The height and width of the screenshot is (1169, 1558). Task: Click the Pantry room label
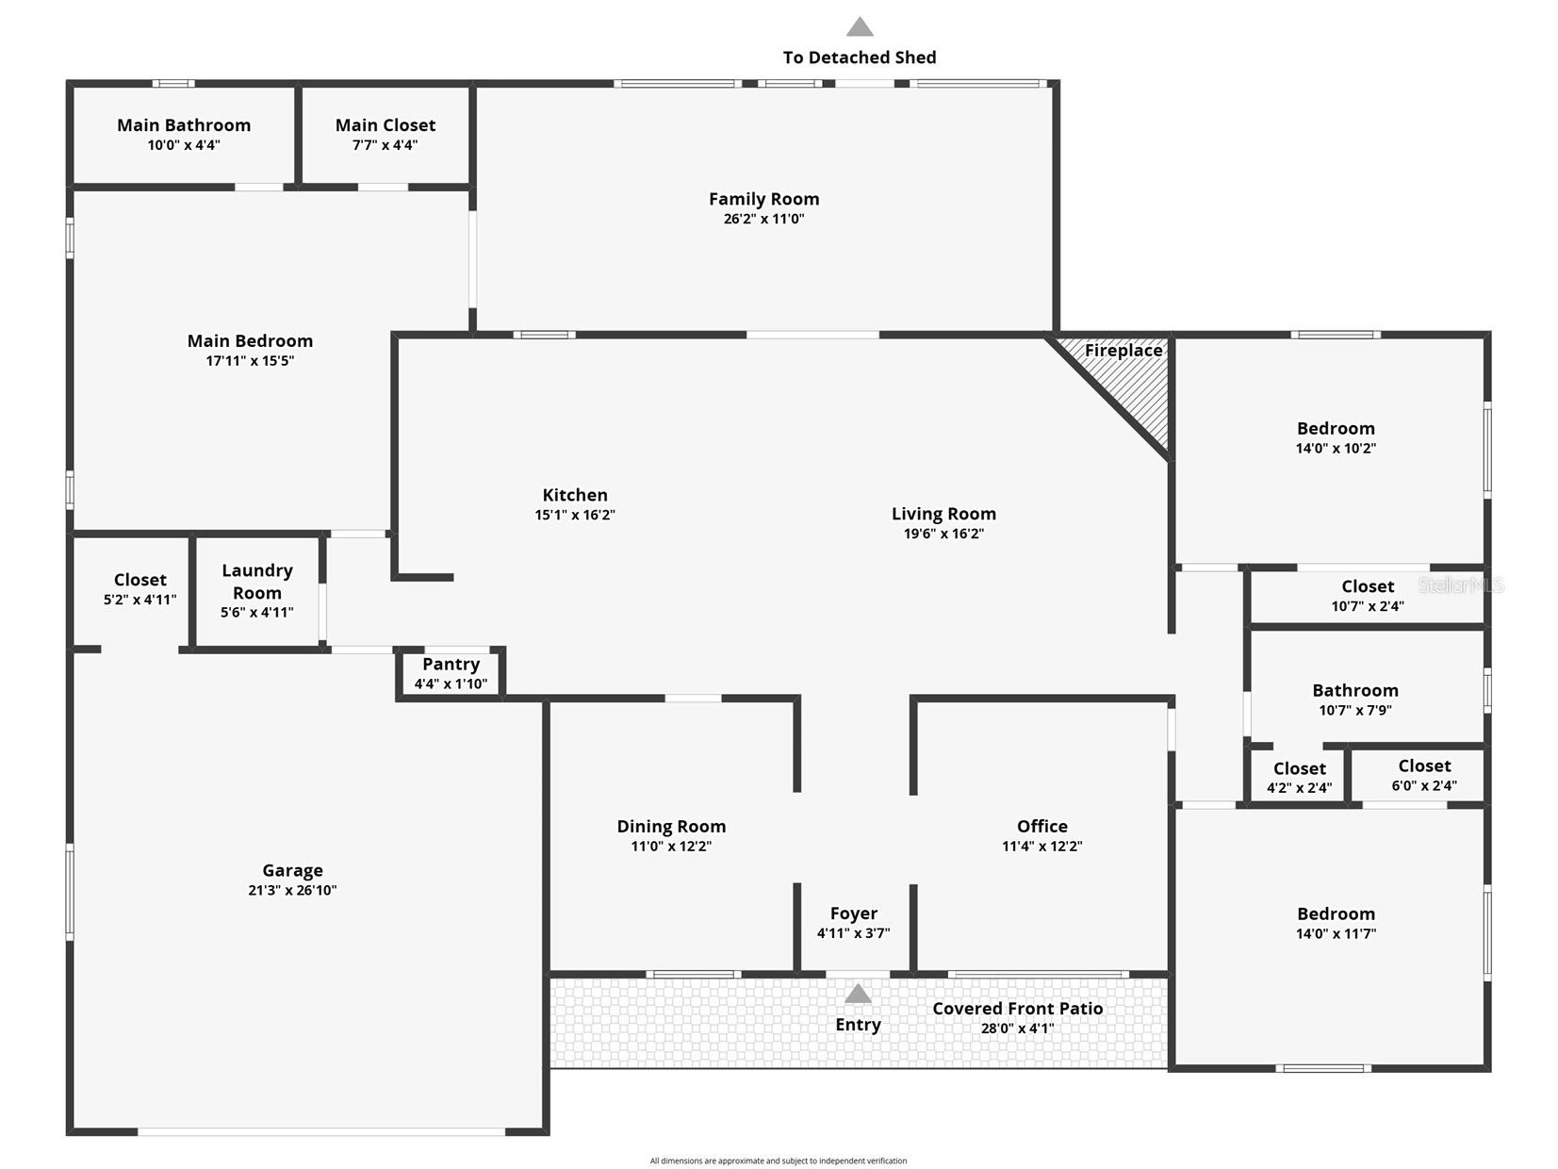(451, 665)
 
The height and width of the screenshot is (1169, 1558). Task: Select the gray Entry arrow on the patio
(858, 993)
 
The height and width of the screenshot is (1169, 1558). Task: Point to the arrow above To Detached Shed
(860, 27)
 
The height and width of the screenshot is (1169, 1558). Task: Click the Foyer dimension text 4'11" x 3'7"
(853, 933)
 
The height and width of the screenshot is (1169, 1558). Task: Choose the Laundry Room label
(257, 582)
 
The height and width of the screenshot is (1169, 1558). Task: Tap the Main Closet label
(385, 125)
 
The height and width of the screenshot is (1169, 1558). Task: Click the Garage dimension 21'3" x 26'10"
(292, 890)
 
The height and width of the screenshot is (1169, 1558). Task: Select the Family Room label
(763, 200)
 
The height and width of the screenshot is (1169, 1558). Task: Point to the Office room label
(1042, 826)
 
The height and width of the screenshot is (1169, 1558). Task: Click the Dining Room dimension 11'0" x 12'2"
(671, 846)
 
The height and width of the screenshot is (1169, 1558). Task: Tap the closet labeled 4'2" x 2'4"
(1299, 778)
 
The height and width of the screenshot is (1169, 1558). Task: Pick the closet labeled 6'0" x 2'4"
(1424, 775)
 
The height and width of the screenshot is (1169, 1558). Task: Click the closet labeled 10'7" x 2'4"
(1367, 596)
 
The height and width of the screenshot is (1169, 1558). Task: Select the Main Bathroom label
(184, 125)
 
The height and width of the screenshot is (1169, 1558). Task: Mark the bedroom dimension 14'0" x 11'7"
(1336, 934)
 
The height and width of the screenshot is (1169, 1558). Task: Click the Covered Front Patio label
(1017, 1009)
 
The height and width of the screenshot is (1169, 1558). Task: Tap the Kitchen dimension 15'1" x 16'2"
(575, 516)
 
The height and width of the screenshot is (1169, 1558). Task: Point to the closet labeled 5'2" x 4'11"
(139, 590)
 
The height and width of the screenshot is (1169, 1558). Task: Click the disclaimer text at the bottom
(778, 1161)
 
